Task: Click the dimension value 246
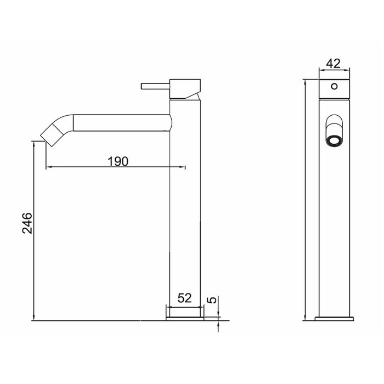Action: pyautogui.click(x=27, y=223)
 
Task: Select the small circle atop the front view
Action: pyautogui.click(x=334, y=86)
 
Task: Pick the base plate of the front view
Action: pyautogui.click(x=334, y=318)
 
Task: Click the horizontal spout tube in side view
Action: pyautogui.click(x=121, y=122)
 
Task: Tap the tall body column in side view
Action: pyautogui.click(x=185, y=219)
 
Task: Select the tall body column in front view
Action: pyautogui.click(x=334, y=219)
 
